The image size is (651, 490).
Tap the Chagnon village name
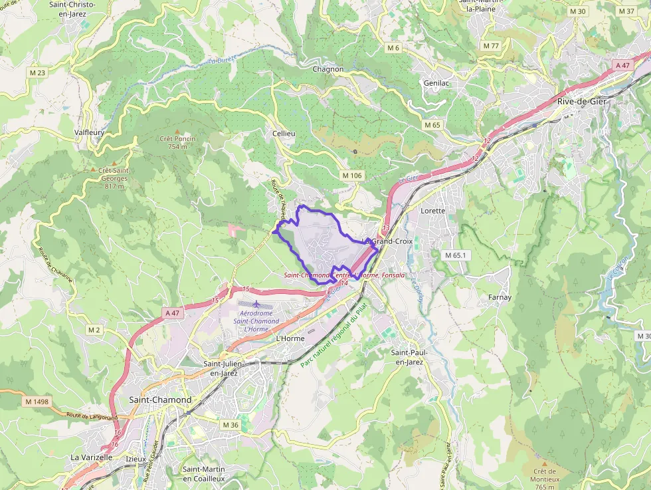click(x=328, y=69)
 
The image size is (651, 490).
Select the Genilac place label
click(x=436, y=83)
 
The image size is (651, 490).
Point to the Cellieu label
click(x=284, y=134)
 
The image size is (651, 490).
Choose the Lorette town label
click(x=432, y=210)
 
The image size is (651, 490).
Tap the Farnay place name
click(x=500, y=297)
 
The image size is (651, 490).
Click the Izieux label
click(x=135, y=458)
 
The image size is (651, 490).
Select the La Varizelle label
click(x=92, y=458)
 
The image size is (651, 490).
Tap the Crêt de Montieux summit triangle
click(x=544, y=463)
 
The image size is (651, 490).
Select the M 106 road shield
click(x=352, y=175)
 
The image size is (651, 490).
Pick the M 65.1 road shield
click(x=456, y=255)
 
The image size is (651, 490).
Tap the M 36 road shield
click(x=230, y=425)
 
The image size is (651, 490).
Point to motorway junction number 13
click(x=386, y=228)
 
